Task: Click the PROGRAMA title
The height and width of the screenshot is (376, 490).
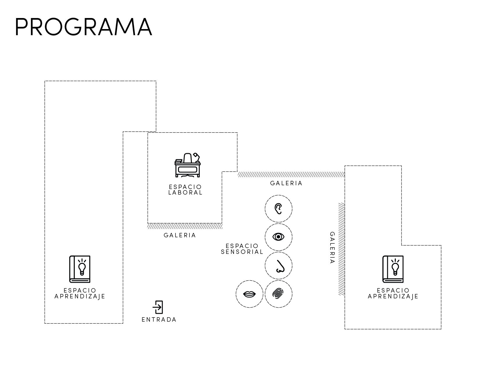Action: click(84, 27)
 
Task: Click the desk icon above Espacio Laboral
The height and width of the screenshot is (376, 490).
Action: click(188, 165)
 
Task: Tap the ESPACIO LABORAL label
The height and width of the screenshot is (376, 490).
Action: click(185, 190)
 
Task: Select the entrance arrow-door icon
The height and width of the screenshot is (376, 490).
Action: click(158, 307)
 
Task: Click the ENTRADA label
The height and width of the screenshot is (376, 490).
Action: click(159, 320)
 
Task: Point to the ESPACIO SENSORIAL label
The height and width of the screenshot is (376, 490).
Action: click(242, 249)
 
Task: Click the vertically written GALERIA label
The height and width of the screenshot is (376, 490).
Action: click(332, 247)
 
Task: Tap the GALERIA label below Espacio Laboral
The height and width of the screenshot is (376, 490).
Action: click(180, 235)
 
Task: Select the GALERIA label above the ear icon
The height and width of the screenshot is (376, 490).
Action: click(286, 183)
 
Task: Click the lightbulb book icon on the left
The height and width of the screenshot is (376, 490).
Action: click(80, 269)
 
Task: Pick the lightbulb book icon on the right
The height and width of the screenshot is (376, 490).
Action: click(393, 269)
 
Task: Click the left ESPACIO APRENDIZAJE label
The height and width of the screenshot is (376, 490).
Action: click(80, 293)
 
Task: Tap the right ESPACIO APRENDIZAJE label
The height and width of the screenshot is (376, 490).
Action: click(393, 293)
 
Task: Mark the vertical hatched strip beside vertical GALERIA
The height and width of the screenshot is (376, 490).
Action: click(342, 249)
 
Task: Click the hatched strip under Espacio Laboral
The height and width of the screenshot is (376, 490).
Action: click(185, 226)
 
